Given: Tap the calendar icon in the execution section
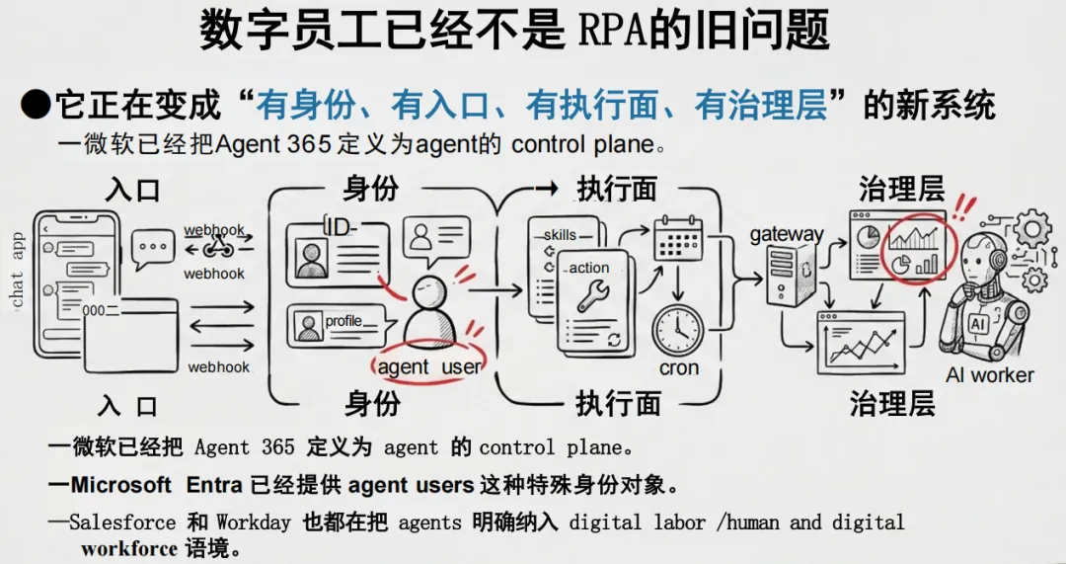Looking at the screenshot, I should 677,240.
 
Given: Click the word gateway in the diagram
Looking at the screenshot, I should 786,234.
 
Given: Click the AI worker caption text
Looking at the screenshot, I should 989,375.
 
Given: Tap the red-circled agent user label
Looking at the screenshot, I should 428,366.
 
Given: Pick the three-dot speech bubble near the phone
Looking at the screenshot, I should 152,248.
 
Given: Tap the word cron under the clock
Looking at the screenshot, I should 678,368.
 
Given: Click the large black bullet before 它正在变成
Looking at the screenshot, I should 36,104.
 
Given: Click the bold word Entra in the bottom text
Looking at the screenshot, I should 214,485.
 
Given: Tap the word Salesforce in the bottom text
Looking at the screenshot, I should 122,522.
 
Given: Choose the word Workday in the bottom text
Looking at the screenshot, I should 254,522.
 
